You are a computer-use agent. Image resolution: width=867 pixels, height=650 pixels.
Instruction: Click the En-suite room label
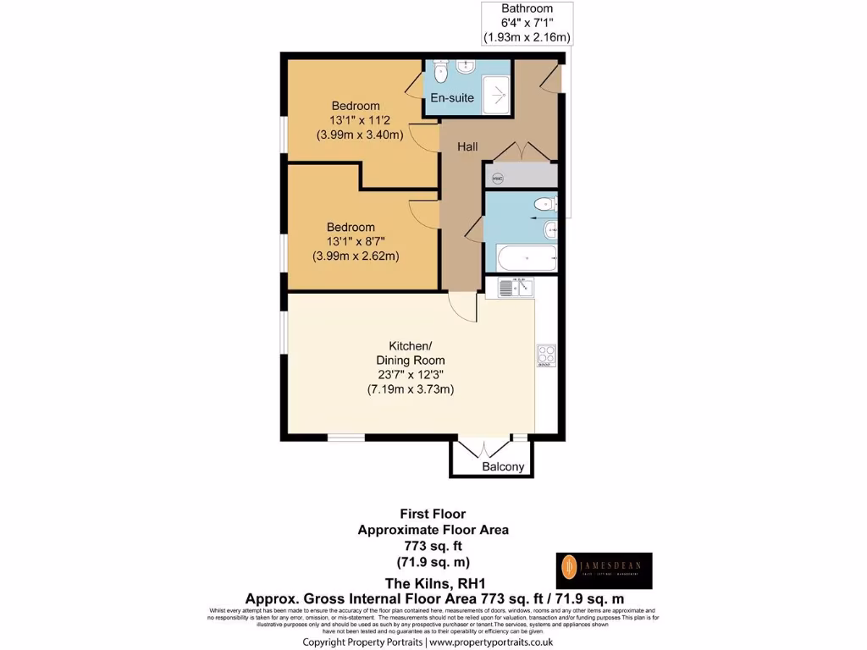point(452,98)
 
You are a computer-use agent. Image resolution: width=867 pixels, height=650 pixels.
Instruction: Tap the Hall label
point(467,146)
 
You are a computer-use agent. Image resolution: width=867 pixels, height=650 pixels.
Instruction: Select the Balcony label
point(504,467)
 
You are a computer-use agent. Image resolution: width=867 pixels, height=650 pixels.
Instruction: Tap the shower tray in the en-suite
point(495,90)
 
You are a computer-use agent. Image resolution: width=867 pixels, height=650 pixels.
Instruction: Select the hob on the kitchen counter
point(545,356)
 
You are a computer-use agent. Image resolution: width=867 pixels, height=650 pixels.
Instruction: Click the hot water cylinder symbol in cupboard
point(498,178)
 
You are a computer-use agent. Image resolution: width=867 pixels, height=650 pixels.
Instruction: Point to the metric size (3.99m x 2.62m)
point(356,256)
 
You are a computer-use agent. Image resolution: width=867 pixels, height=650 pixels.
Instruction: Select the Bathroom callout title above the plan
point(527,8)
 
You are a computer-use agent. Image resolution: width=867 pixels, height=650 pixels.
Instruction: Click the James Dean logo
point(604,570)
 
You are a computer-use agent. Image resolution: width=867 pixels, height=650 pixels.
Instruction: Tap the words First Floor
point(433,514)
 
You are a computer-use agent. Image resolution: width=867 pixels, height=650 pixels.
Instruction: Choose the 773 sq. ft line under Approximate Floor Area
point(433,547)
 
